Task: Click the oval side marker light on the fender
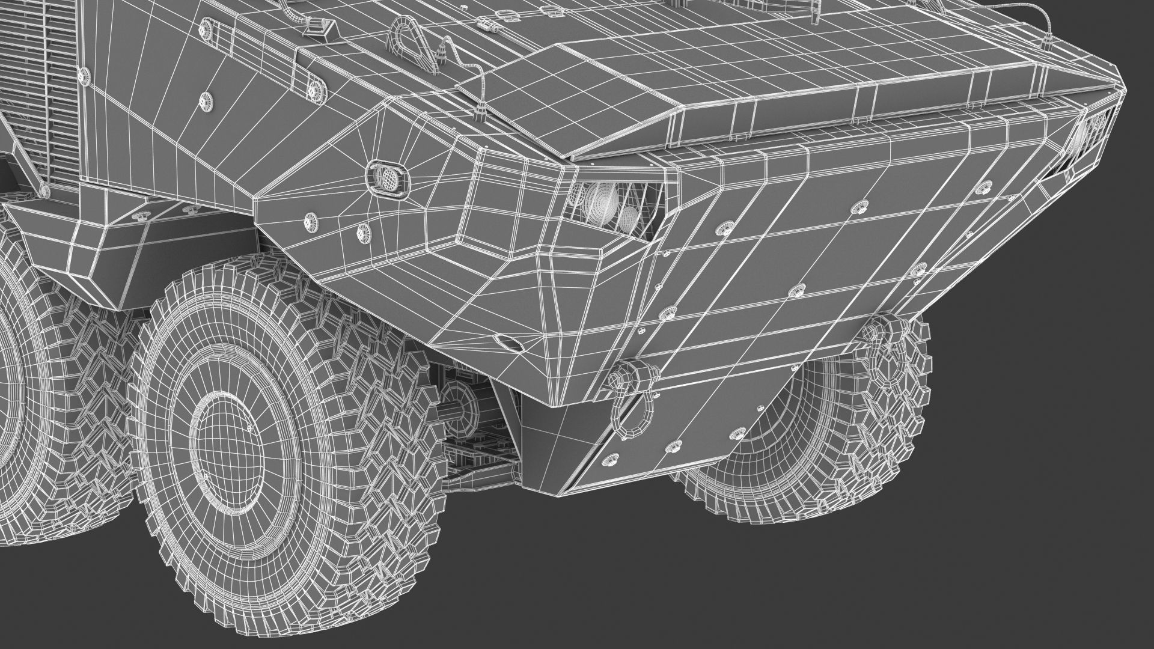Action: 387,175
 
